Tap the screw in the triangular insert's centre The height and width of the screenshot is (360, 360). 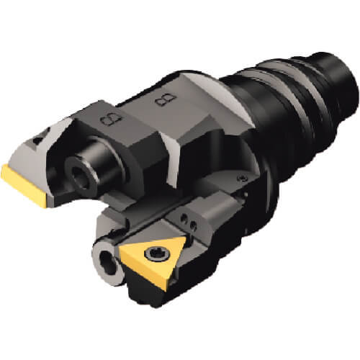[153, 254]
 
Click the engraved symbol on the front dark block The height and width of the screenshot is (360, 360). [111, 119]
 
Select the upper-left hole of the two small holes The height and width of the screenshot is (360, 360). [184, 219]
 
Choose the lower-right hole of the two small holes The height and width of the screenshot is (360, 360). [192, 225]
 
